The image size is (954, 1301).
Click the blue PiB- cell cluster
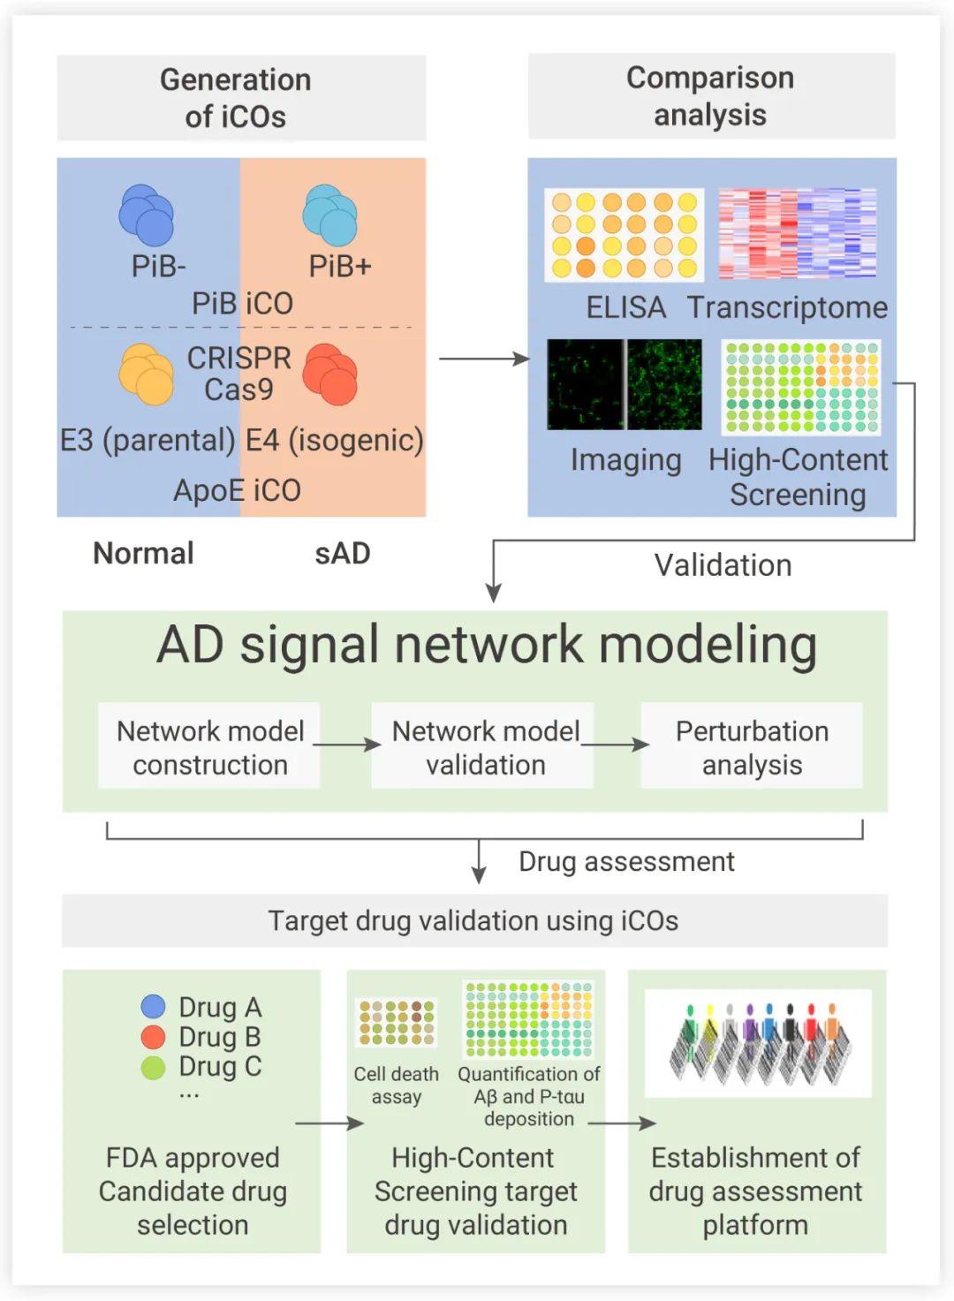coord(146,215)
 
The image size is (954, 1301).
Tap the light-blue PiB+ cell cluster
coord(330,215)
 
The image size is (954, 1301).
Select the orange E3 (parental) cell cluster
coord(146,374)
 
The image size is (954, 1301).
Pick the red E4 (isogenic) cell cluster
coord(330,374)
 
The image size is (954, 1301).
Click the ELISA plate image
coord(624,235)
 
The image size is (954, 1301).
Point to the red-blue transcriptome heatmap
coord(797,233)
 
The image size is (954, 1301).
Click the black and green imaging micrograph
coord(624,384)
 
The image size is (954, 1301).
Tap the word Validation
coord(723,565)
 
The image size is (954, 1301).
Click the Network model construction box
coord(209,745)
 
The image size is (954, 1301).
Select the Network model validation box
coord(483,745)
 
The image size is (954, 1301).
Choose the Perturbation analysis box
coord(752,745)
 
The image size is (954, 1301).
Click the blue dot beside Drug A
coord(154,1007)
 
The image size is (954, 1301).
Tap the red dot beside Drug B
coord(154,1037)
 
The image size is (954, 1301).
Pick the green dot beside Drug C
coord(154,1068)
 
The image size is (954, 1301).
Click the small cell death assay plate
coord(397,1022)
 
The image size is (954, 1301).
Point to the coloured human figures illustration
coord(759,1042)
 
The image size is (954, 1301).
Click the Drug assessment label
coord(626,861)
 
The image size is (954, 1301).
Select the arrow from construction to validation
coord(347,745)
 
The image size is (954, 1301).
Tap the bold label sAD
coord(343,553)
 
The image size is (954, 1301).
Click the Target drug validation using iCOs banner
coord(474,921)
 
